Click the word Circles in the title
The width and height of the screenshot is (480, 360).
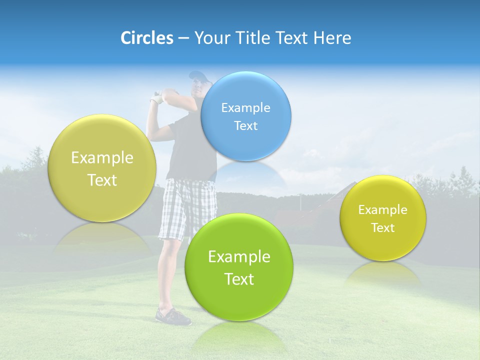(x=146, y=38)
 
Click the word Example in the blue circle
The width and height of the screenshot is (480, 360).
(x=246, y=107)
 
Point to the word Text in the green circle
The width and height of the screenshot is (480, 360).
(x=239, y=279)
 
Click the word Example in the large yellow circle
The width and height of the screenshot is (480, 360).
(x=102, y=158)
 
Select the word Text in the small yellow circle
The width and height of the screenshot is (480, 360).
(x=383, y=228)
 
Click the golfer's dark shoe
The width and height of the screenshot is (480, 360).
(x=172, y=316)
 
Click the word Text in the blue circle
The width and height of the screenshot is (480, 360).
(x=246, y=126)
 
